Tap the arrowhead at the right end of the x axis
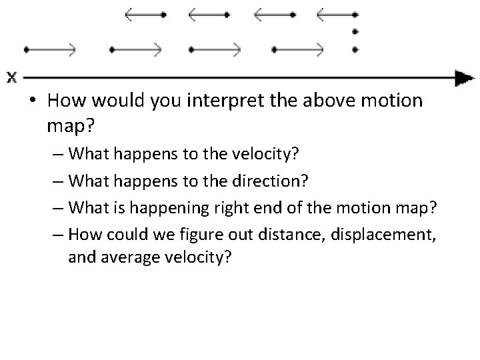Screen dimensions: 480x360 (x=461, y=77)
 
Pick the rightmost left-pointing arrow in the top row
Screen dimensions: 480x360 (x=337, y=13)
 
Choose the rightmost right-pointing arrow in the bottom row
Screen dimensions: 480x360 (x=299, y=49)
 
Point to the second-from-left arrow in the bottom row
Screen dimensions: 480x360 (x=136, y=49)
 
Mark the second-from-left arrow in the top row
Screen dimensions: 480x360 (x=209, y=13)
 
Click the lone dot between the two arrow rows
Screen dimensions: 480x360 (x=355, y=31)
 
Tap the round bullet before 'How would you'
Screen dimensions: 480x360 (x=32, y=102)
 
